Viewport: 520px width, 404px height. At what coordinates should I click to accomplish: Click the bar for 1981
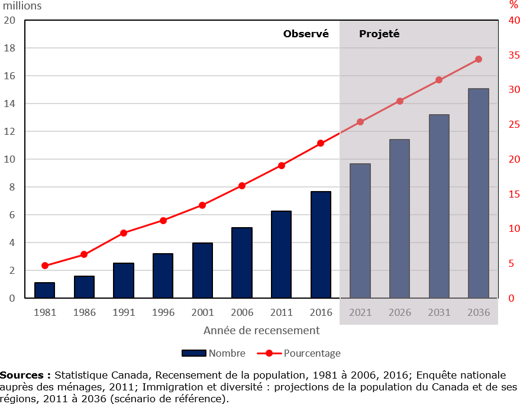pyautogui.click(x=44, y=290)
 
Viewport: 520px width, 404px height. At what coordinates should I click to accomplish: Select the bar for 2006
pyautogui.click(x=241, y=263)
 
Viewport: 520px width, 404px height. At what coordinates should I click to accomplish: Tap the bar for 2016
pyautogui.click(x=321, y=245)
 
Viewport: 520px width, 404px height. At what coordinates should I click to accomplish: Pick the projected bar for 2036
pyautogui.click(x=478, y=193)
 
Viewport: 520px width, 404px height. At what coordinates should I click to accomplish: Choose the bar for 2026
pyautogui.click(x=399, y=219)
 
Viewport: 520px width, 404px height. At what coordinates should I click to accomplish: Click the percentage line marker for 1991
pyautogui.click(x=124, y=233)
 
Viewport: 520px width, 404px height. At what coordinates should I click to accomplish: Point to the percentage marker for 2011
pyautogui.click(x=282, y=166)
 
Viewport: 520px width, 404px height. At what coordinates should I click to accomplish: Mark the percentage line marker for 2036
pyautogui.click(x=479, y=59)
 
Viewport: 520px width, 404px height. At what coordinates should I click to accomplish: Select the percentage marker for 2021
pyautogui.click(x=360, y=122)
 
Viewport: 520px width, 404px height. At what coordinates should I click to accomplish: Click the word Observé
pyautogui.click(x=306, y=34)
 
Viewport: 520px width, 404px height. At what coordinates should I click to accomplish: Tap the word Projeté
pyautogui.click(x=379, y=34)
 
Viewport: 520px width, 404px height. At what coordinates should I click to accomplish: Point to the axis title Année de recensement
pyautogui.click(x=261, y=331)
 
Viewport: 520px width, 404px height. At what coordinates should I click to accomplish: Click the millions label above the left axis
pyautogui.click(x=22, y=7)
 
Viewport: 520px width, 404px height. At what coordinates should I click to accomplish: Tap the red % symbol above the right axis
pyautogui.click(x=513, y=5)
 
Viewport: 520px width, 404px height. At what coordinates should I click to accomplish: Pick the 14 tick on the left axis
pyautogui.click(x=11, y=104)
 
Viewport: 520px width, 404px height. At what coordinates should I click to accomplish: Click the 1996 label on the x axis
pyautogui.click(x=163, y=312)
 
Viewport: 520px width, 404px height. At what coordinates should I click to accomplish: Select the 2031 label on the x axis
pyautogui.click(x=439, y=312)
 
